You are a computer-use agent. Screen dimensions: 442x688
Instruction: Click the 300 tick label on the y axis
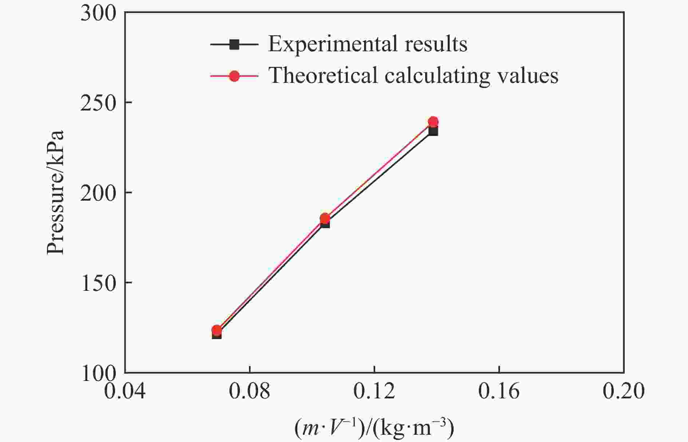tap(98, 13)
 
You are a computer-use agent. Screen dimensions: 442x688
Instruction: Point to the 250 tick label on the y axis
tap(98, 103)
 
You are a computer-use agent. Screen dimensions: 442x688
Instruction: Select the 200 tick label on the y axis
tap(98, 193)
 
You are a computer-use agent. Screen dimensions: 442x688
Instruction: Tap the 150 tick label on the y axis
tap(98, 283)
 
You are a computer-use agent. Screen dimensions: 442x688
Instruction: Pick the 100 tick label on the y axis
tap(98, 373)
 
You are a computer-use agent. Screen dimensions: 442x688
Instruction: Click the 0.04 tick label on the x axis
tap(125, 392)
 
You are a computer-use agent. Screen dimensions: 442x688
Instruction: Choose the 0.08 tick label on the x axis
tap(250, 392)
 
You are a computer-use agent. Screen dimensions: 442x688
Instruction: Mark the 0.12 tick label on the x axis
tap(374, 392)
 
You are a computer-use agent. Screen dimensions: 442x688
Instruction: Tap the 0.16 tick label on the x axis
tap(499, 392)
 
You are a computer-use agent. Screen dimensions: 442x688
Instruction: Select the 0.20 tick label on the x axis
tap(624, 392)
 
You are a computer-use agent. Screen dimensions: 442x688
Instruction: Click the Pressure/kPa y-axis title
tap(56, 192)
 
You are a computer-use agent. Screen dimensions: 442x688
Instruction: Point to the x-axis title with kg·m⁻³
tap(374, 428)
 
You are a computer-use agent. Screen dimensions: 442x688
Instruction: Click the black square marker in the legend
tap(234, 45)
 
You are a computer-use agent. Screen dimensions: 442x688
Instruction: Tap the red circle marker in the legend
tap(234, 76)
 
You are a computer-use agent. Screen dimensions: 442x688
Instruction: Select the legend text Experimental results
tap(368, 44)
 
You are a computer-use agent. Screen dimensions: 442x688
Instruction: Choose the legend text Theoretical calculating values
tap(413, 76)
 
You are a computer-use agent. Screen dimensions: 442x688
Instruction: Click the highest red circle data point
tap(433, 122)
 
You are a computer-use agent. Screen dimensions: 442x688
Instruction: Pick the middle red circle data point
tap(325, 218)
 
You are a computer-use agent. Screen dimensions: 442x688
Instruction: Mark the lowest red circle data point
tap(217, 330)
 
